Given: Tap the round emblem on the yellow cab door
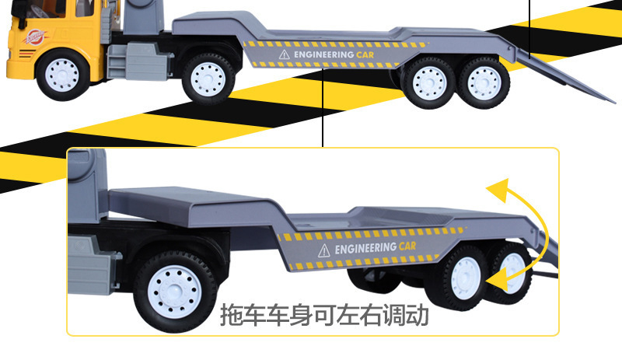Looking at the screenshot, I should click(x=33, y=37).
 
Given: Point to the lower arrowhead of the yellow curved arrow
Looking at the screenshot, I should click(x=492, y=273).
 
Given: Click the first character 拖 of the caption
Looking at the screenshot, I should click(x=232, y=316).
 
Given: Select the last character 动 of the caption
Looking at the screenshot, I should click(x=417, y=316).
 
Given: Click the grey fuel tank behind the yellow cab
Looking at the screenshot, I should click(x=122, y=59).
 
